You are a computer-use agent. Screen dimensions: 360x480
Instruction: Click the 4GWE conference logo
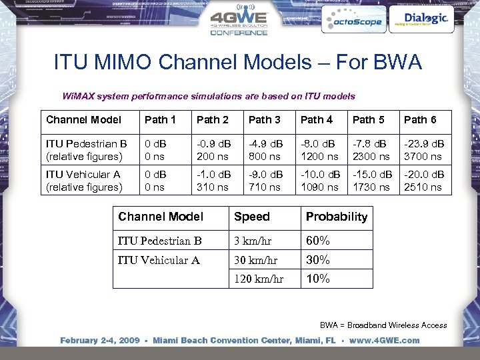point(239,22)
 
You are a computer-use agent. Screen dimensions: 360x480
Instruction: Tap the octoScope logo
point(353,21)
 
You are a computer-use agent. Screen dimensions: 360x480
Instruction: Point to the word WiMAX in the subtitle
point(79,96)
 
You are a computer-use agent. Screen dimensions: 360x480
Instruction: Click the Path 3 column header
point(264,120)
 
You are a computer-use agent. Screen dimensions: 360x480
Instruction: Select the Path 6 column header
point(420,120)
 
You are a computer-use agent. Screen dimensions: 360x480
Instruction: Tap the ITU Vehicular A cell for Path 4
point(319,181)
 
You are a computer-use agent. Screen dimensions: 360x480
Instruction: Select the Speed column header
point(252,217)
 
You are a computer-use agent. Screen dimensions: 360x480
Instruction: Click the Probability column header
point(336,217)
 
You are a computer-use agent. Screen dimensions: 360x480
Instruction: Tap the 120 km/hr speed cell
point(259,279)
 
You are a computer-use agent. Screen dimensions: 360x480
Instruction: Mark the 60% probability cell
point(318,241)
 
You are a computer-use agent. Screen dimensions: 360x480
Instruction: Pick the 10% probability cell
point(318,279)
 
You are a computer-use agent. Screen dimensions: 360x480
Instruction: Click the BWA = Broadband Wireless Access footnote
point(383,325)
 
